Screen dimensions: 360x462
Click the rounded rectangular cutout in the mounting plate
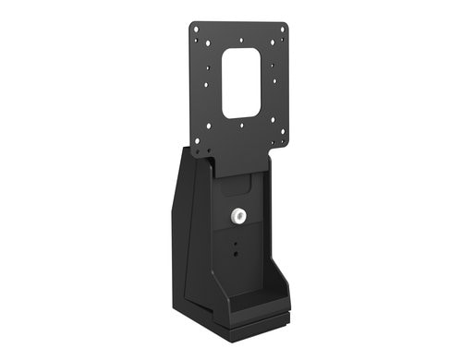(241, 84)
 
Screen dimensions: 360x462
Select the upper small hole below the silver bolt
(236, 245)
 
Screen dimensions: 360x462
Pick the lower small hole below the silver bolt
(236, 255)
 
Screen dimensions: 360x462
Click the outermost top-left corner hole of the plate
(195, 29)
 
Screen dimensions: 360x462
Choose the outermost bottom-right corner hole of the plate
(280, 146)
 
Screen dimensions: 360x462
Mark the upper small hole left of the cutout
(208, 65)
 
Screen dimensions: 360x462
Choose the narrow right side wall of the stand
(274, 231)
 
